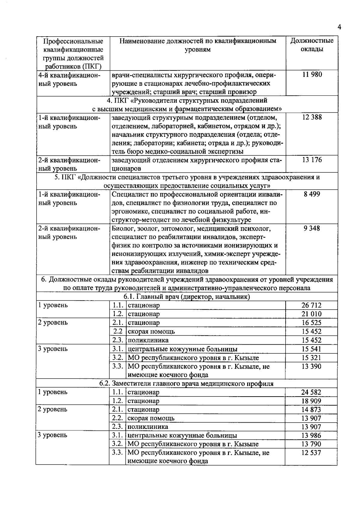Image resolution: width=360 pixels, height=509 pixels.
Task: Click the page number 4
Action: (339, 27)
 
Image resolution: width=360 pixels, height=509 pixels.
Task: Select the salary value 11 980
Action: (312, 75)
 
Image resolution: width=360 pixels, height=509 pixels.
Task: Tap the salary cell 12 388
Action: (312, 117)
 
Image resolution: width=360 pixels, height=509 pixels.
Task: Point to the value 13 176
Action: (312, 160)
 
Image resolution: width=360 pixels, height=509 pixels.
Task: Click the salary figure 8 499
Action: (312, 194)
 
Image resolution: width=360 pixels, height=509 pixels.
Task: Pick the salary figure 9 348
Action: (312, 228)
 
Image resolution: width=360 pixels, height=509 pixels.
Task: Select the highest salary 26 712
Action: (311, 305)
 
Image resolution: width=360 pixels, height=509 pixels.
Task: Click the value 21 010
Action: (311, 314)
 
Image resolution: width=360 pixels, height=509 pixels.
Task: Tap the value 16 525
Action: (311, 323)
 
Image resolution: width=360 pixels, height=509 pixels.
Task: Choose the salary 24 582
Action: (311, 392)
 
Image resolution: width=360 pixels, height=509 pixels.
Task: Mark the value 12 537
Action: (311, 453)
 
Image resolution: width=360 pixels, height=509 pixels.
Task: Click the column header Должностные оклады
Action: (312, 45)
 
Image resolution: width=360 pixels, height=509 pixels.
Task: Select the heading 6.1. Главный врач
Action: (187, 297)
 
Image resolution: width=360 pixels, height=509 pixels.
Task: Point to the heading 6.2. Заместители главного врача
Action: (186, 384)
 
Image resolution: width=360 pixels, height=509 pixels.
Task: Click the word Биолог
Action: (121, 229)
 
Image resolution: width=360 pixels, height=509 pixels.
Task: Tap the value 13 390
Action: (311, 366)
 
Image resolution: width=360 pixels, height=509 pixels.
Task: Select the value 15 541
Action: (311, 349)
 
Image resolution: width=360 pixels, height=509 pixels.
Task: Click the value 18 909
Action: (311, 401)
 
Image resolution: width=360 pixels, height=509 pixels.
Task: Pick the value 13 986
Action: (311, 436)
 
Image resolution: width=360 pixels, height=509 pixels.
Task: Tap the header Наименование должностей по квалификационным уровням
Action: (198, 45)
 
